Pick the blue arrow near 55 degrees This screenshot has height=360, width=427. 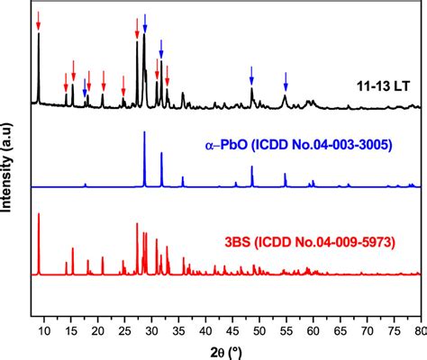(286, 79)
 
